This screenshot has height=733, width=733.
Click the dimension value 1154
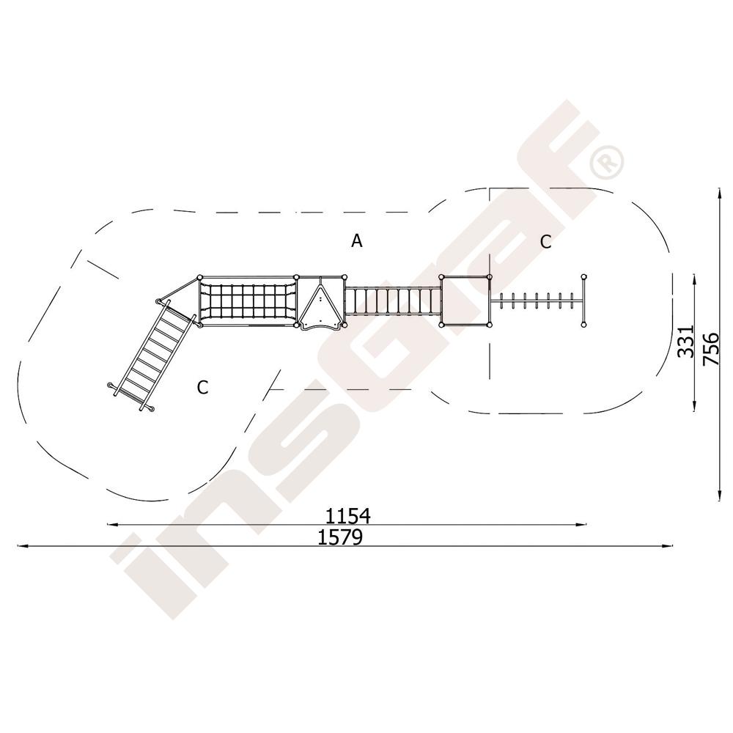pos(348,516)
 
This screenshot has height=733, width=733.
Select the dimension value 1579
pos(340,537)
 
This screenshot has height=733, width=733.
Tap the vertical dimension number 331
pos(686,342)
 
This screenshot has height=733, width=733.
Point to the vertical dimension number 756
pos(710,348)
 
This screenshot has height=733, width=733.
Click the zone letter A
pos(357,240)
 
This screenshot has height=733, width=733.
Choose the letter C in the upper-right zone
pos(545,242)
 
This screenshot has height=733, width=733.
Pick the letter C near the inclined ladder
pos(202,387)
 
